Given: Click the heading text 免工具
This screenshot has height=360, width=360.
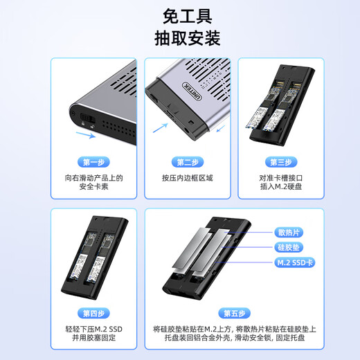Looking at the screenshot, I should click(179, 15).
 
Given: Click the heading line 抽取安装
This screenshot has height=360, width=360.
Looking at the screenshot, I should click(179, 37).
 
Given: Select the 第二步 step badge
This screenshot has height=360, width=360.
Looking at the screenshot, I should click(188, 162).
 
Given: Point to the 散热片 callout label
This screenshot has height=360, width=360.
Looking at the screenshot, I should click(288, 232).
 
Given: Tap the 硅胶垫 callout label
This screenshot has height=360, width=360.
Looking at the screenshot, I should click(288, 247).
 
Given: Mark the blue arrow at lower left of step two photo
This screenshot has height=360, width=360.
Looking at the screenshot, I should click(160, 127).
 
